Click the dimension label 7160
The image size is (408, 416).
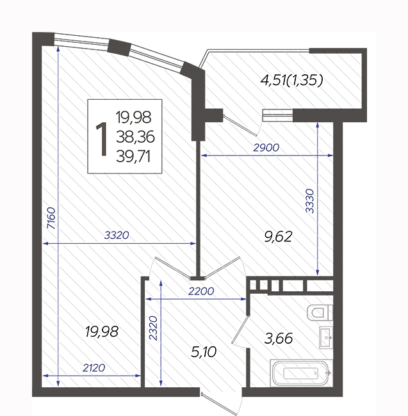[51, 218]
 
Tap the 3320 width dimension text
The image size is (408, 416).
[117, 235]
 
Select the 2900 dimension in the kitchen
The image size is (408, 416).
[266, 147]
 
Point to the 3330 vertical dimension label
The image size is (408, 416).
[310, 201]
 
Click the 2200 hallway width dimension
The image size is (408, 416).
[201, 291]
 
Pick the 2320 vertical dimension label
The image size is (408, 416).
[153, 328]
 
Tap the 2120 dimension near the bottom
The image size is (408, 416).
[94, 368]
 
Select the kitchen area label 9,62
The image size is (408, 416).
[278, 236]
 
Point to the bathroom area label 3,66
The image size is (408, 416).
[279, 339]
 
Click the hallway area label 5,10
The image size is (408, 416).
[204, 352]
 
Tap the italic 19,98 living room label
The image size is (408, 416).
[102, 332]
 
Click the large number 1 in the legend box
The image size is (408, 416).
[102, 139]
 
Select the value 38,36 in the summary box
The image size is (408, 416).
[135, 137]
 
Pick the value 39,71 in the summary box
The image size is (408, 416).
[133, 157]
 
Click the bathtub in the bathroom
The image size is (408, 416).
[301, 373]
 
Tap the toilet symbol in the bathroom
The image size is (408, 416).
[320, 312]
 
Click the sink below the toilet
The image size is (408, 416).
[326, 337]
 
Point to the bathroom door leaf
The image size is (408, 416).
[240, 329]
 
